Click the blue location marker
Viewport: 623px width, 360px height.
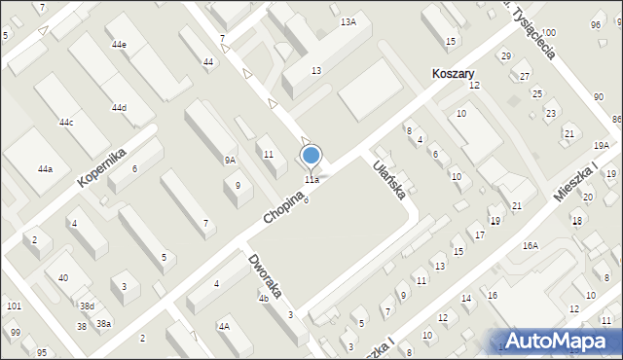click(x=311, y=155)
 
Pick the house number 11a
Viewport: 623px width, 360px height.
click(x=311, y=180)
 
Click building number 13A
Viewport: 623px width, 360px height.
click(x=348, y=21)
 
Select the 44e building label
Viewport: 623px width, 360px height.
click(x=119, y=45)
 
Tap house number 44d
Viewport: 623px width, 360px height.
click(x=119, y=108)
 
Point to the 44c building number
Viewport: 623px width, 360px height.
click(x=65, y=123)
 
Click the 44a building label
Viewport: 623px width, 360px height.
click(x=45, y=169)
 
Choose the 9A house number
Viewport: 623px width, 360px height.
click(x=230, y=160)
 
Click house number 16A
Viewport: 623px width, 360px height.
click(x=530, y=246)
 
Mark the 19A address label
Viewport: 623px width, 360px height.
click(x=601, y=145)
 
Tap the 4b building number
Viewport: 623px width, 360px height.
click(x=263, y=299)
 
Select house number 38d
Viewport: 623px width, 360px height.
click(x=87, y=306)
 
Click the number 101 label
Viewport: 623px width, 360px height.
click(x=14, y=306)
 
